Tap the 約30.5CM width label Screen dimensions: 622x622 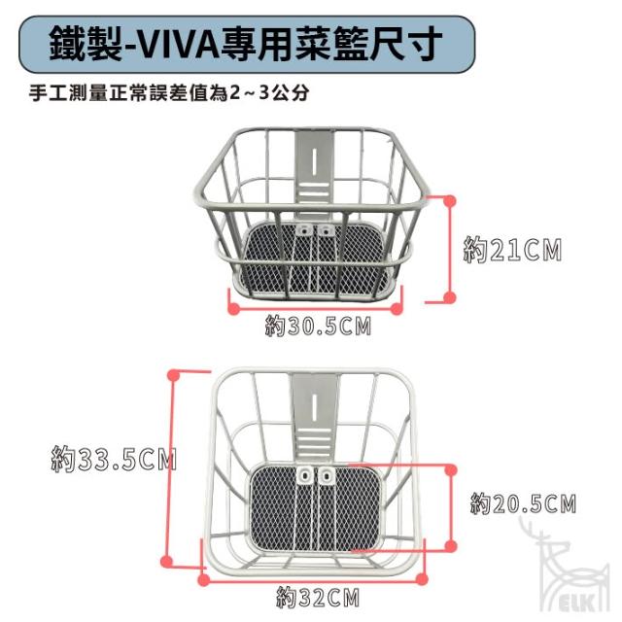319,327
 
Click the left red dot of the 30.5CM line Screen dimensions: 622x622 231,310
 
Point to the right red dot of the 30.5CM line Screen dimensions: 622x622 399,310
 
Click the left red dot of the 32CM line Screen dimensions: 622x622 203,579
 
